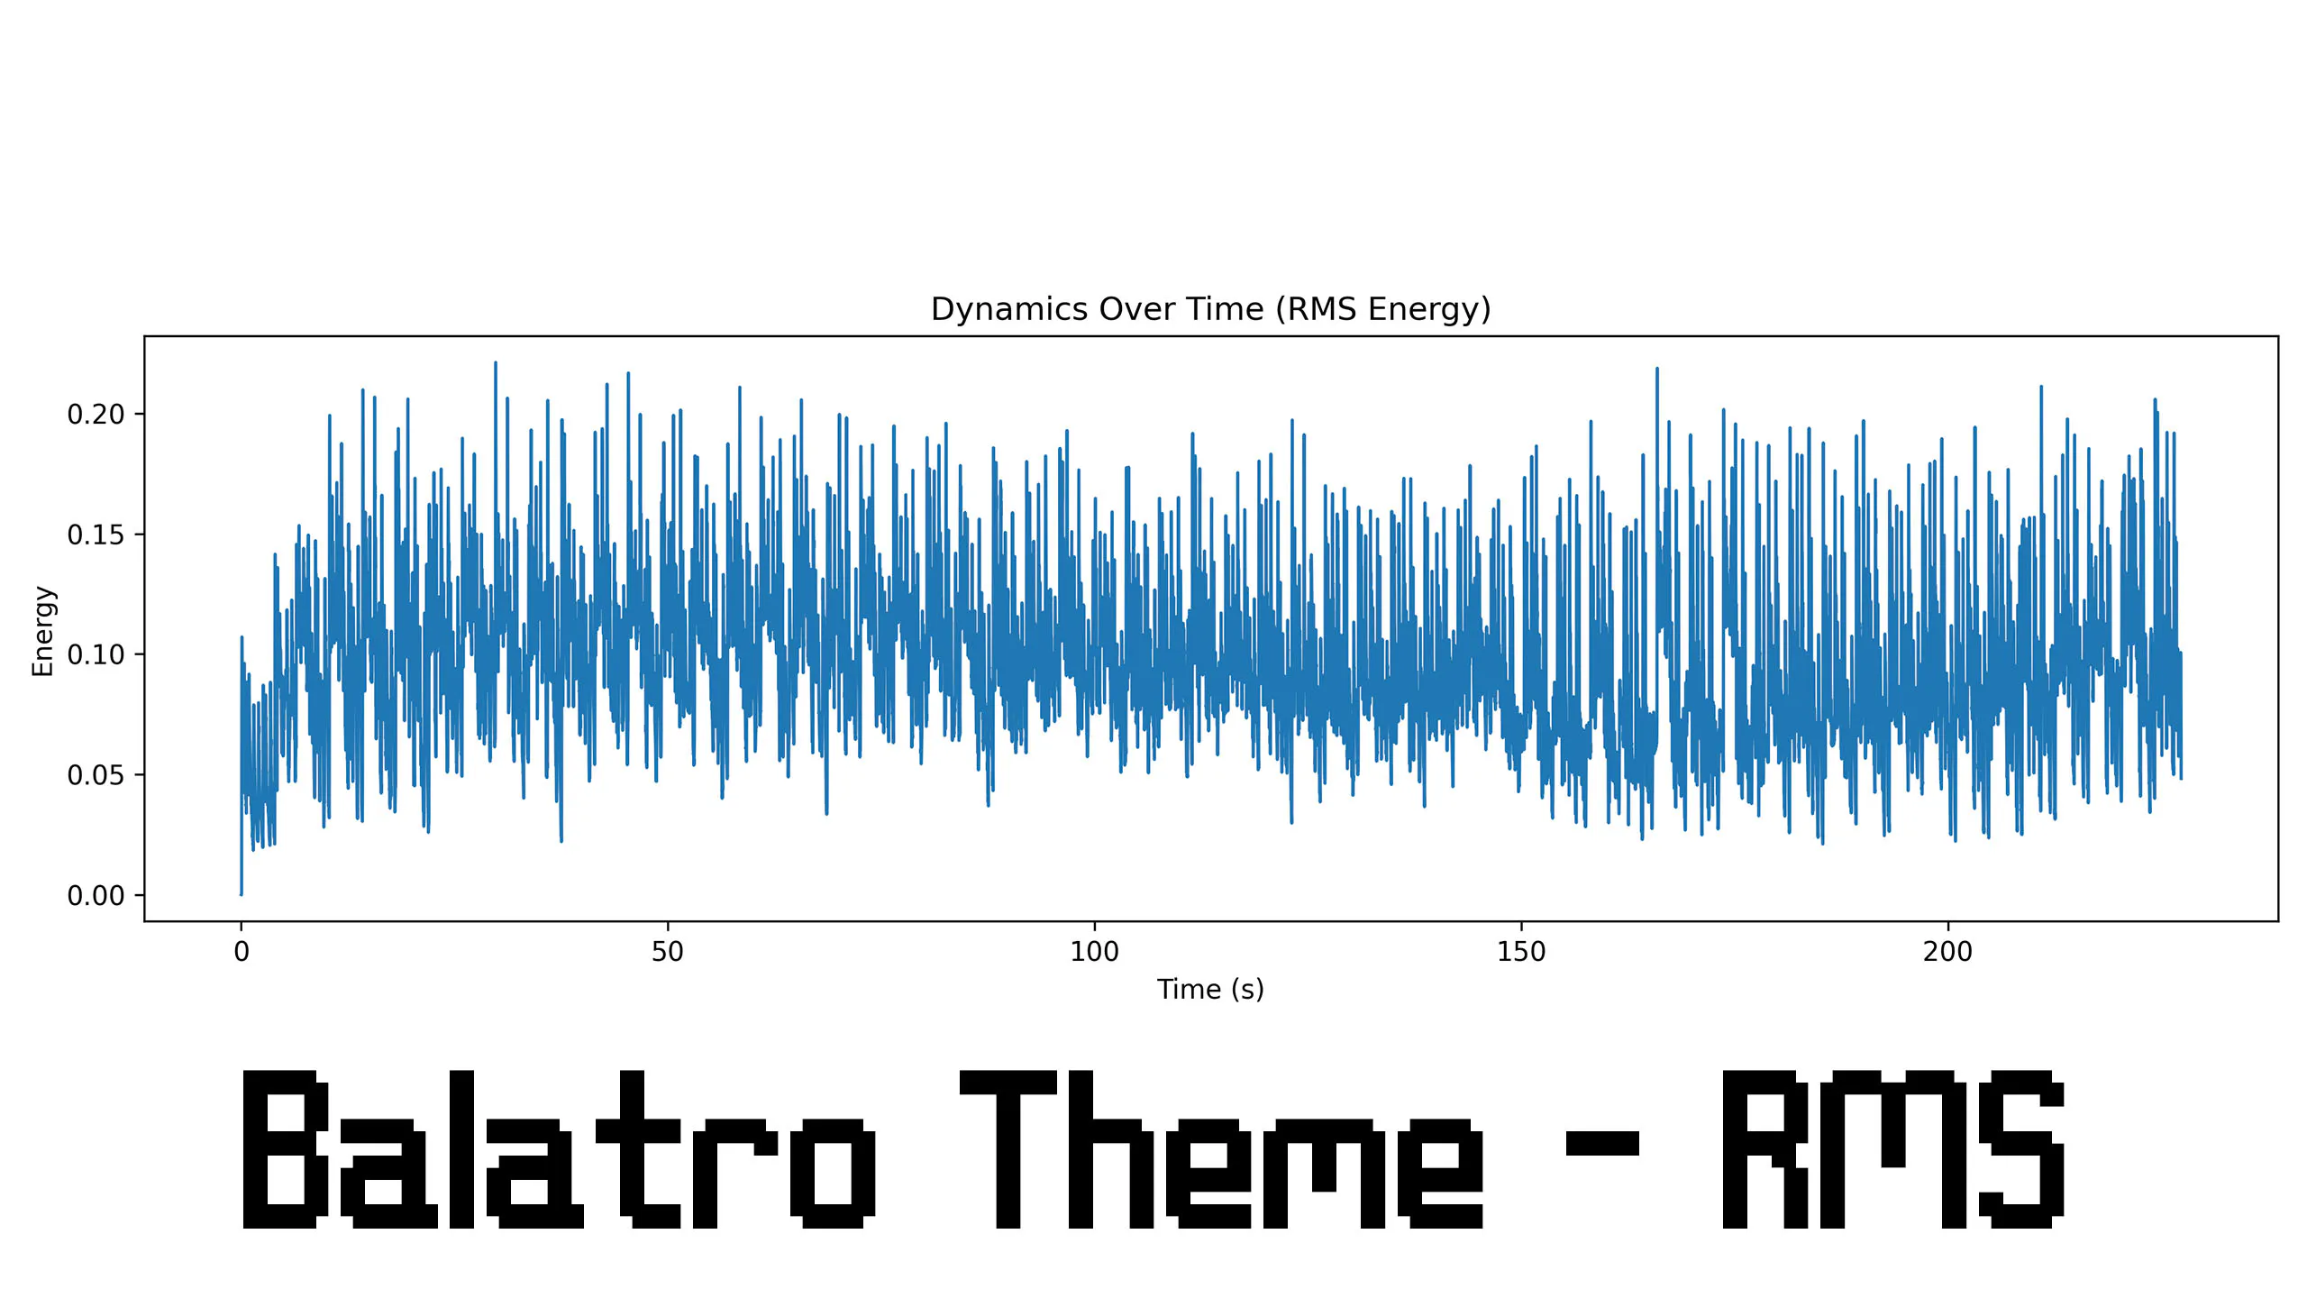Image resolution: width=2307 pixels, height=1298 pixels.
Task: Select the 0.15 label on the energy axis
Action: (96, 535)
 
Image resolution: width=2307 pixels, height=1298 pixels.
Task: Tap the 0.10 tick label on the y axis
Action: (96, 654)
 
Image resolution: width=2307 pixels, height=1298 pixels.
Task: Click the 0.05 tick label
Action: (96, 775)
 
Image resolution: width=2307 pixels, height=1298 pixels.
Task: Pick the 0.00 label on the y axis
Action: (96, 895)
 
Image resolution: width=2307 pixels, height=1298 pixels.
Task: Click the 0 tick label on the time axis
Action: (241, 952)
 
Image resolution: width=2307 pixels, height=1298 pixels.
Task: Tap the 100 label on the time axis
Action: (1094, 952)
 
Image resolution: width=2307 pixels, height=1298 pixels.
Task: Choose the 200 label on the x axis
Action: (1947, 952)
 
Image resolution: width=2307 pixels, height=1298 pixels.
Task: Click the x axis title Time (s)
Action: (1210, 990)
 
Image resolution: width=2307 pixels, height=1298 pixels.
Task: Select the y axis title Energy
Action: (42, 630)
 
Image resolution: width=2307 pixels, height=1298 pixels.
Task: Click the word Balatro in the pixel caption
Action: (559, 1149)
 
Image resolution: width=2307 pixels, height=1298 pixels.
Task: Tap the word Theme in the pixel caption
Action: (1221, 1149)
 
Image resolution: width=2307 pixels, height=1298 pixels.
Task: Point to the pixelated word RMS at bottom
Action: (1892, 1149)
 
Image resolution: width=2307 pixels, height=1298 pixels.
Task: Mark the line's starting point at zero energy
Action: (241, 894)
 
